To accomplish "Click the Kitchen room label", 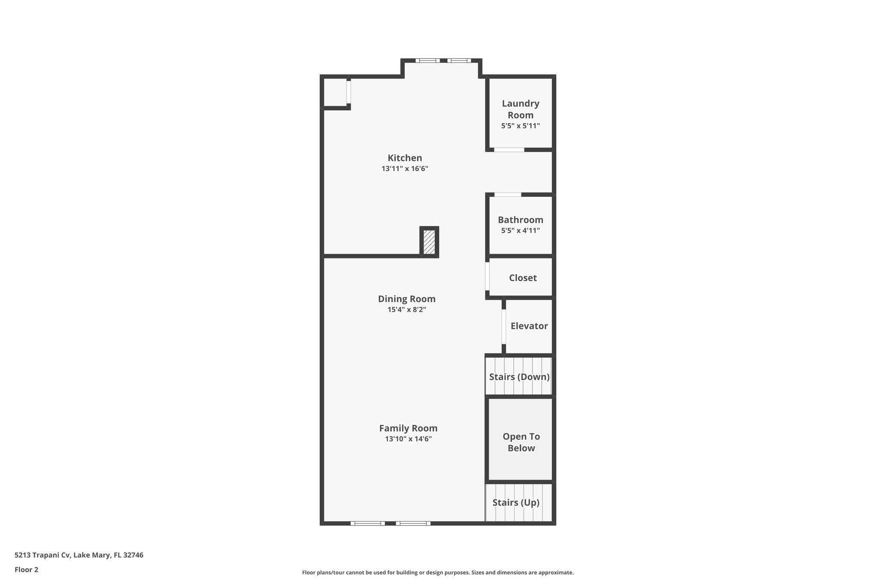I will pyautogui.click(x=405, y=158).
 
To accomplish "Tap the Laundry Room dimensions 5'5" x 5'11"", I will pyautogui.click(x=520, y=126).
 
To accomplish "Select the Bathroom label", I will pyautogui.click(x=520, y=220).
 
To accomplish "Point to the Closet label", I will pyautogui.click(x=523, y=278).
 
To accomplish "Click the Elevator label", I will pyautogui.click(x=529, y=326).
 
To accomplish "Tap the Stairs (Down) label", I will pyautogui.click(x=519, y=377).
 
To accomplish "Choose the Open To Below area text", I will pyautogui.click(x=521, y=442).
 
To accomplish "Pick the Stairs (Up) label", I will pyautogui.click(x=515, y=503).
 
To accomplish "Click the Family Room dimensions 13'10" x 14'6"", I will pyautogui.click(x=408, y=439).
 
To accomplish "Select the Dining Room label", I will pyautogui.click(x=406, y=299).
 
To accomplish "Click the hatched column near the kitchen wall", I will pyautogui.click(x=429, y=242).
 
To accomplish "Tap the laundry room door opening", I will pyautogui.click(x=509, y=150).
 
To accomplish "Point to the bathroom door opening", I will pyautogui.click(x=508, y=195).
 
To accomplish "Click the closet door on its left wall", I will pyautogui.click(x=487, y=276).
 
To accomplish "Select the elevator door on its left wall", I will pyautogui.click(x=503, y=326).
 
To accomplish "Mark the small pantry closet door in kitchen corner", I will pyautogui.click(x=349, y=92).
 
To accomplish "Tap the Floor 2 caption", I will pyautogui.click(x=27, y=570).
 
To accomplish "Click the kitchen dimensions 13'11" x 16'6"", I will pyautogui.click(x=405, y=169).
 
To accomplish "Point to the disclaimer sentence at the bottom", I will pyautogui.click(x=438, y=572).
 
